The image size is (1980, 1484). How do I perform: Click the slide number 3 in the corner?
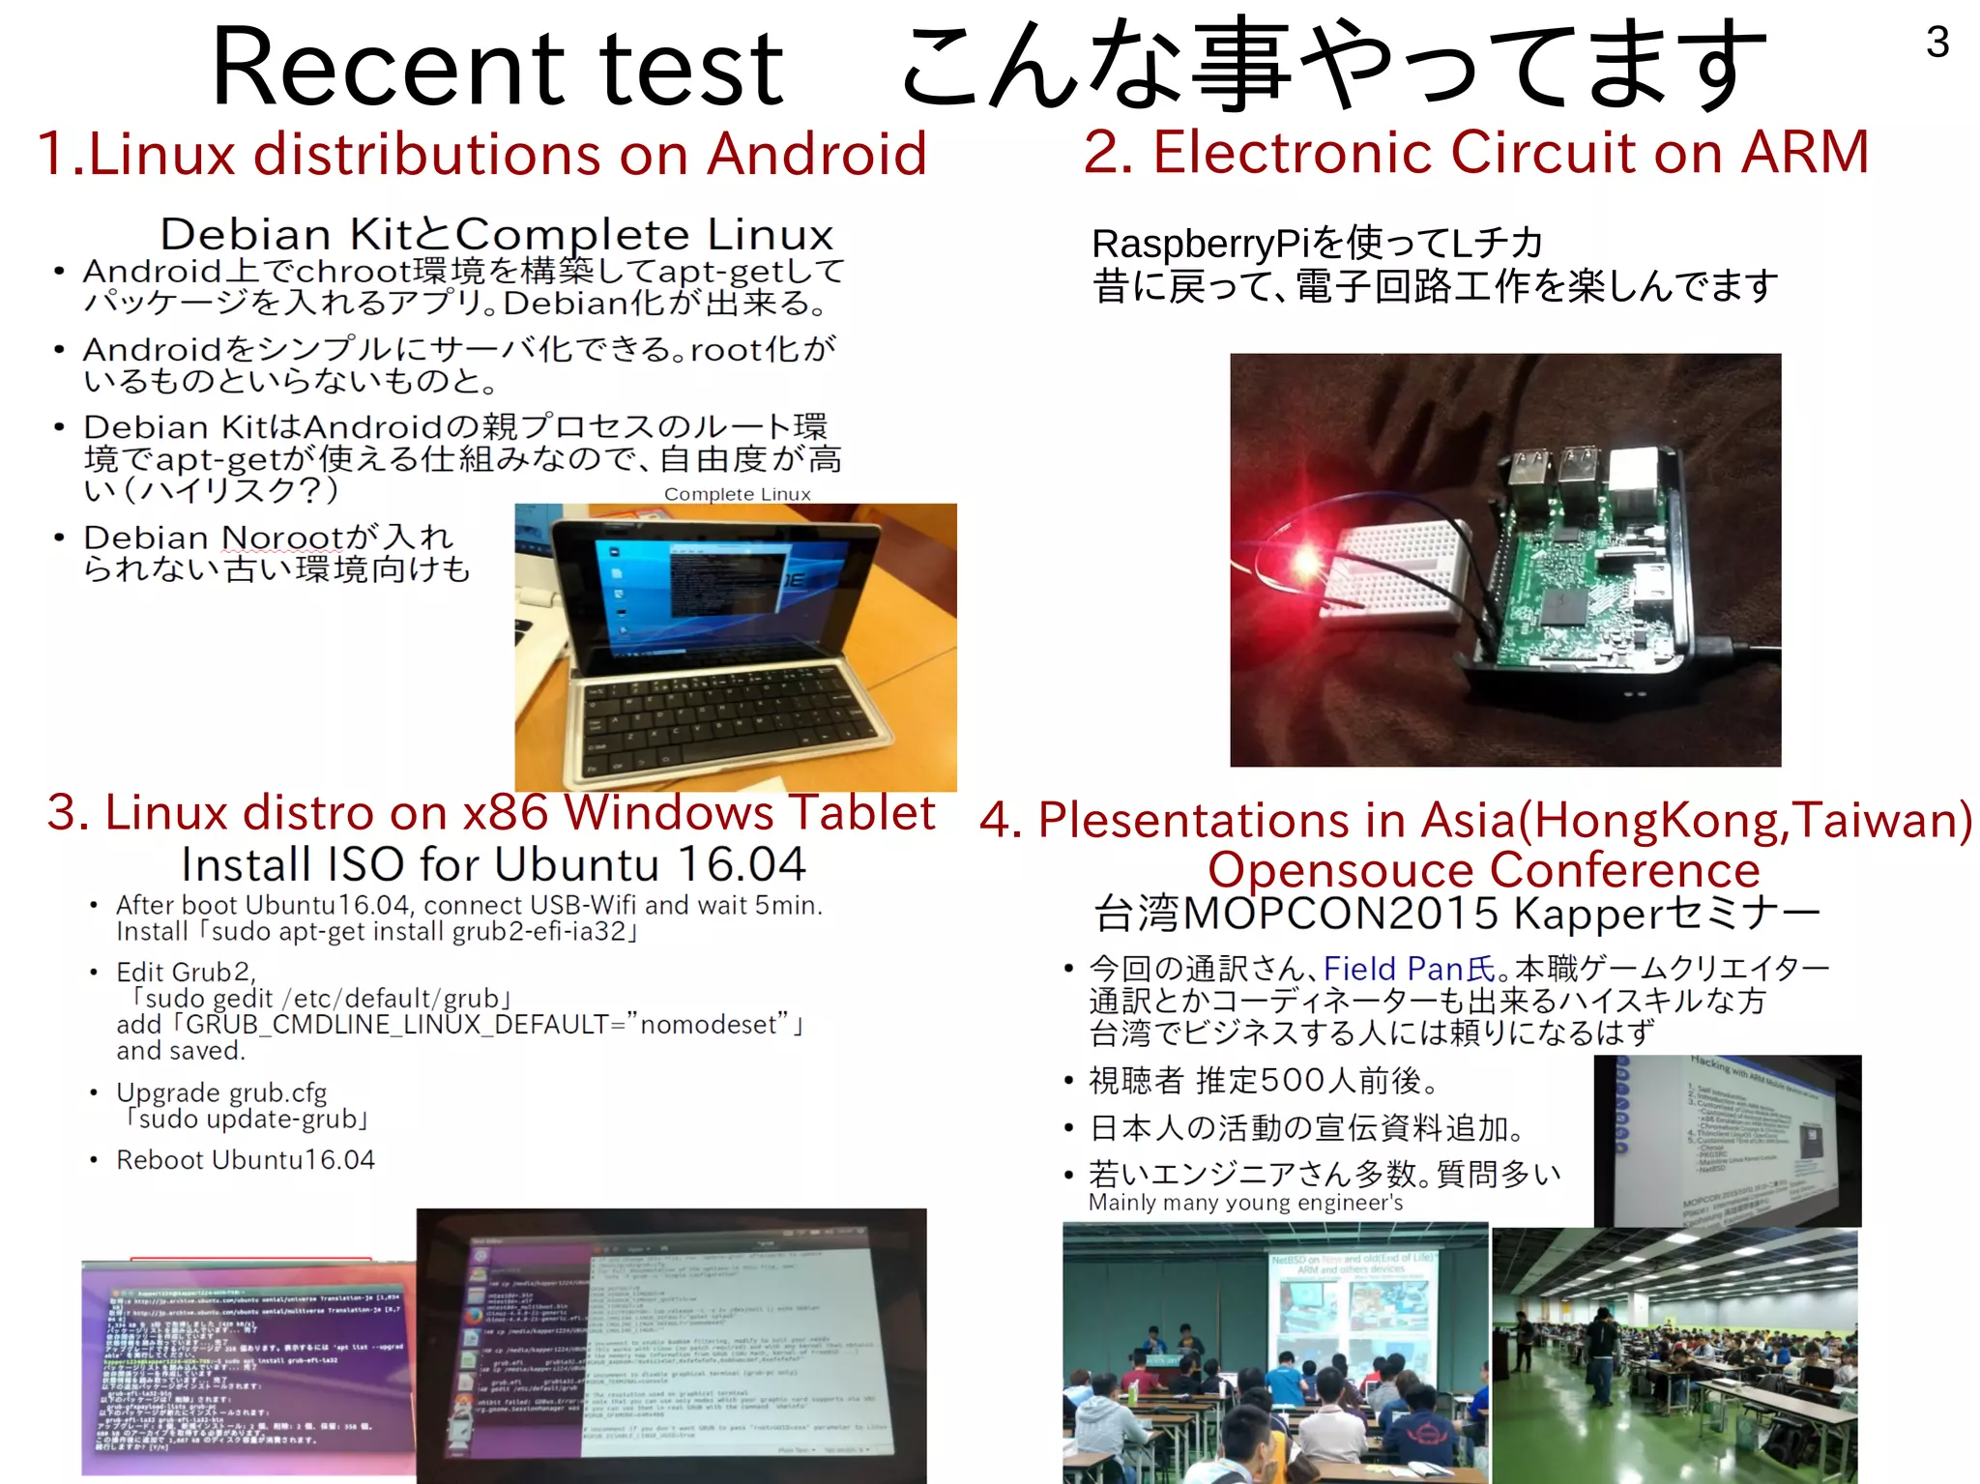[x=1936, y=43]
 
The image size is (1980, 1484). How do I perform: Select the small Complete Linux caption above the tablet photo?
[x=737, y=494]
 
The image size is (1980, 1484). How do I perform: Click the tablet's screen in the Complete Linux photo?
[x=691, y=580]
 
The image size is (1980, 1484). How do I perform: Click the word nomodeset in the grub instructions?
[x=708, y=1025]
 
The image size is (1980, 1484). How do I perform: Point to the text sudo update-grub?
[x=248, y=1120]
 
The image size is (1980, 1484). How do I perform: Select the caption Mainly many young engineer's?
[x=1245, y=1203]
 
